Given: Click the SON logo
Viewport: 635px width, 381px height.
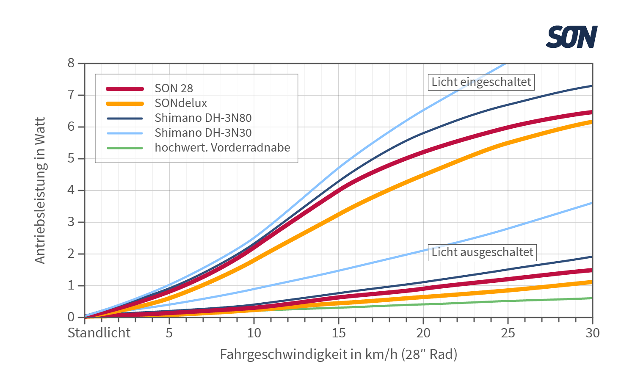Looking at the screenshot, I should [571, 37].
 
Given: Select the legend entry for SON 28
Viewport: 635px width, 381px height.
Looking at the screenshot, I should [174, 88].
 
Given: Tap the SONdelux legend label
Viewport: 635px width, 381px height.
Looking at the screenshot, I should [181, 103].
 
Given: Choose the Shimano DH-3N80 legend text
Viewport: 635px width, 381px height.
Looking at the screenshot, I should [203, 118].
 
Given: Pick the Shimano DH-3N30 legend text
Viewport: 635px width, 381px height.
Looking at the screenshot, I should [203, 133].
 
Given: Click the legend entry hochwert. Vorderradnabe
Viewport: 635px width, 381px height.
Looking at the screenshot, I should [222, 148].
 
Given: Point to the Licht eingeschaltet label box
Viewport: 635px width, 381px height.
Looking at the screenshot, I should [481, 82].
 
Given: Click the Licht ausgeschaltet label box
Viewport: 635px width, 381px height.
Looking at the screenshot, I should [482, 252].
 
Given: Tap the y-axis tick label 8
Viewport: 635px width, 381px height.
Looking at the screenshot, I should [71, 63].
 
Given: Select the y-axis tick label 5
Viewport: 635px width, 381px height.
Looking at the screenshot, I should [71, 158].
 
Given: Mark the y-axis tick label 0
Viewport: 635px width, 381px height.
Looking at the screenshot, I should [71, 317].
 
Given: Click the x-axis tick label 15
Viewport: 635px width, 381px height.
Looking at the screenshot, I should [339, 333].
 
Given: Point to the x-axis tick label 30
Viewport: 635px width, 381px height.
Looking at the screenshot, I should [593, 333].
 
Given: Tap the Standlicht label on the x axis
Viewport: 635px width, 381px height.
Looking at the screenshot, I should [99, 333].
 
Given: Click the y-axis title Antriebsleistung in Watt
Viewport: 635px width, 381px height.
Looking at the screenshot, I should [40, 190].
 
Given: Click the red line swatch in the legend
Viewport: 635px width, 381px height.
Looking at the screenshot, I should [125, 88].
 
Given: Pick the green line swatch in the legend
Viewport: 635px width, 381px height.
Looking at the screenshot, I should [125, 148].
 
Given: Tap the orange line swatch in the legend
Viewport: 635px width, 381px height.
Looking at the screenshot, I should [125, 103].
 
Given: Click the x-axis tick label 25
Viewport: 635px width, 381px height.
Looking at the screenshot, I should [508, 333].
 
